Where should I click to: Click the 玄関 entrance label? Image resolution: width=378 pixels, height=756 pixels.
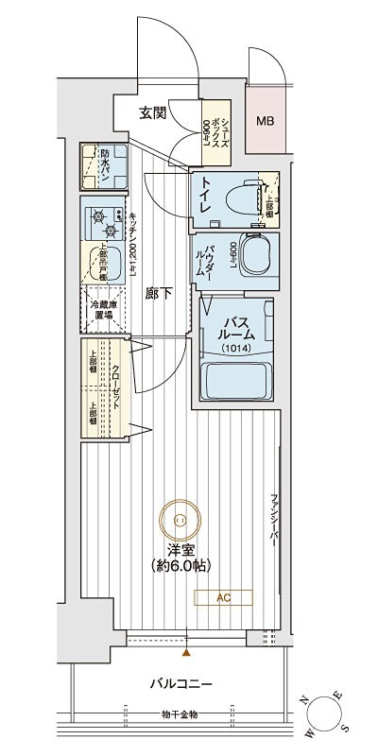pos(153,114)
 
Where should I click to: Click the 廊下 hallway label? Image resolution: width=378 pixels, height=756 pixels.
pos(158,293)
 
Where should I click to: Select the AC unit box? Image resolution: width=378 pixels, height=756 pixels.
pos(223,597)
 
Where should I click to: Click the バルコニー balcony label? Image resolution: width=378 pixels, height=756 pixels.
pos(179,683)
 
